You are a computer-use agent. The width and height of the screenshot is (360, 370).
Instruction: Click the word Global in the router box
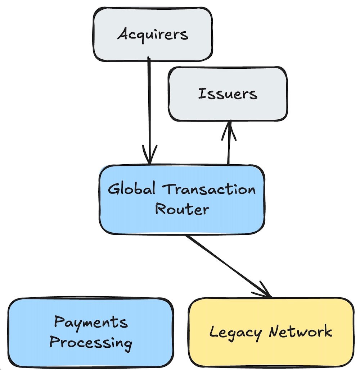coord(129,189)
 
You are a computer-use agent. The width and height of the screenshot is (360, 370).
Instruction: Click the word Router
coord(182,209)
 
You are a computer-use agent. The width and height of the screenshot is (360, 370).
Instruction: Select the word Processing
coord(91,342)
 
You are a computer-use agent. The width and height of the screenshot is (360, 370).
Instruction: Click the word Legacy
coord(235,332)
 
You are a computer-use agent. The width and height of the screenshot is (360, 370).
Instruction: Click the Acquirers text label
coord(153,35)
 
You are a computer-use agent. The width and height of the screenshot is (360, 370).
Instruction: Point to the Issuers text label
coord(228,94)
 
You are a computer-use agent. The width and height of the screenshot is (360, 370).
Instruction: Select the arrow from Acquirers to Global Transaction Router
coord(149,108)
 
